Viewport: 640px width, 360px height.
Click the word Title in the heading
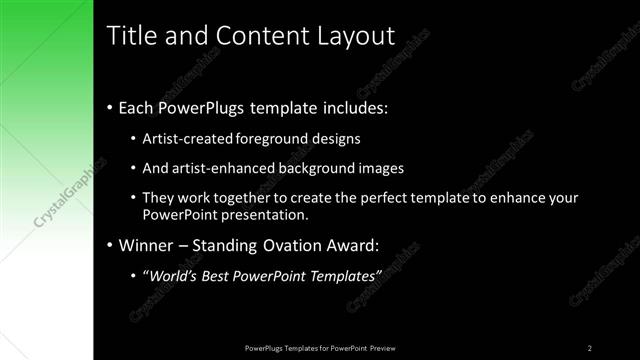[130, 36]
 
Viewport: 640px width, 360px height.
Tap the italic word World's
[177, 276]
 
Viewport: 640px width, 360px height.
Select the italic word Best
[222, 276]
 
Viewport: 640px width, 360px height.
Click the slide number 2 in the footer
[590, 348]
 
